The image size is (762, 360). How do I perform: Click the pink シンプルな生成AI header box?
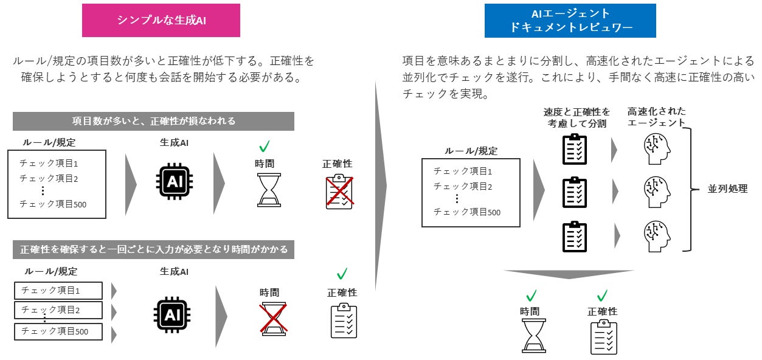[161, 19]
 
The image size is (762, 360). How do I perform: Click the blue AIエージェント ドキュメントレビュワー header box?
[570, 21]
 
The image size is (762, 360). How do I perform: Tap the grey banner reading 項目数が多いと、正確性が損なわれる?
[153, 121]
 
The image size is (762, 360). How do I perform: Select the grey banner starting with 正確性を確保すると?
[153, 249]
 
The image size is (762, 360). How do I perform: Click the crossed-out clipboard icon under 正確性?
[339, 192]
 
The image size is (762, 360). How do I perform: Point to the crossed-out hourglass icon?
[273, 319]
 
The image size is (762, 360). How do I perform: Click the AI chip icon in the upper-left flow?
[175, 182]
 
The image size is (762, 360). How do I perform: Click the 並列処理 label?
[727, 189]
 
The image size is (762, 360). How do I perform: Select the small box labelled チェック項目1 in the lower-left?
[58, 290]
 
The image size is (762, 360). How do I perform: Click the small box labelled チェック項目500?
[58, 331]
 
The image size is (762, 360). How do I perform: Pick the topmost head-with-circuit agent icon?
[657, 149]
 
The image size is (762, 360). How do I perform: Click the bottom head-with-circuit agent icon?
[657, 235]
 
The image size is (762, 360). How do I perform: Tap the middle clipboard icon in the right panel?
[575, 192]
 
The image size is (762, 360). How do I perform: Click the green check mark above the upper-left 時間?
[265, 147]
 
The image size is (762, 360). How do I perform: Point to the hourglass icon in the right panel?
[534, 336]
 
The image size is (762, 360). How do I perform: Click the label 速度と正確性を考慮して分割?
[577, 117]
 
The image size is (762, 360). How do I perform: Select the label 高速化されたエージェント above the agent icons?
[656, 117]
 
